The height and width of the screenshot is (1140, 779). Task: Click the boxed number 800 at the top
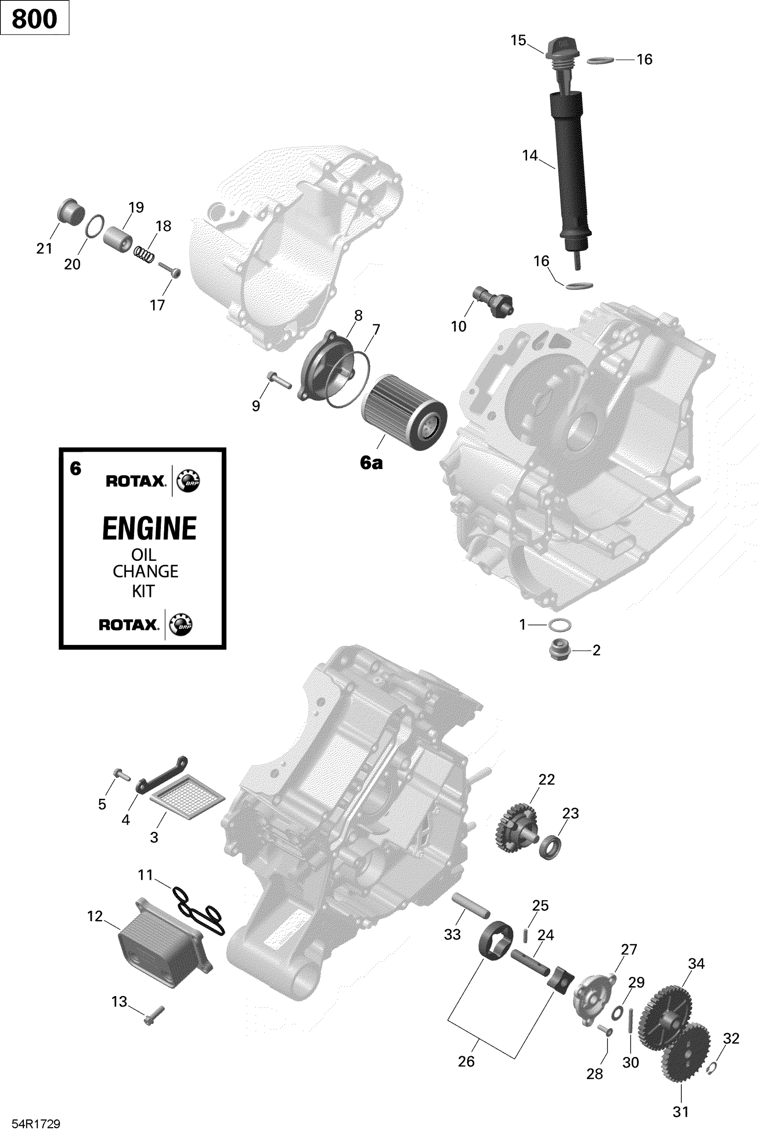pyautogui.click(x=34, y=19)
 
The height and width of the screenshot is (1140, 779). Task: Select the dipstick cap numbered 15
pyautogui.click(x=562, y=51)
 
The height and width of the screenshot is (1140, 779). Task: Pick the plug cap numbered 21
pyautogui.click(x=71, y=212)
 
